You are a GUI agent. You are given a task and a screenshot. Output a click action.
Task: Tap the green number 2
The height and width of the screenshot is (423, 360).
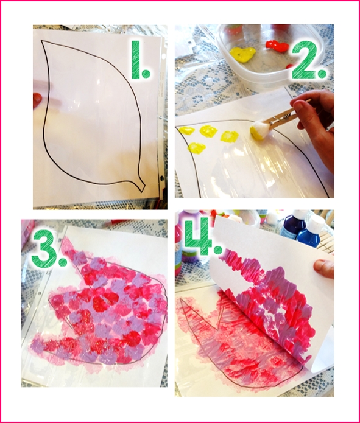click(308, 60)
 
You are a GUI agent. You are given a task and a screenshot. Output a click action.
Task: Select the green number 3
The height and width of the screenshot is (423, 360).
click(46, 249)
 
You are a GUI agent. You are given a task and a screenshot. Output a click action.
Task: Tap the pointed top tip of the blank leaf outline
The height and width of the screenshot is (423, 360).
click(41, 41)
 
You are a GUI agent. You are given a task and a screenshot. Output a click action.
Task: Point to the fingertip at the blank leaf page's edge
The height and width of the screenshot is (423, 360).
click(37, 100)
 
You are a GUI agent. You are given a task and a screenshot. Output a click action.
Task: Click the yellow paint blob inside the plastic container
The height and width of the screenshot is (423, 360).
click(242, 54)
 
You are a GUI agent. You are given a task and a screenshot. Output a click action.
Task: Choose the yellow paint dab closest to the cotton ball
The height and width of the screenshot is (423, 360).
click(229, 136)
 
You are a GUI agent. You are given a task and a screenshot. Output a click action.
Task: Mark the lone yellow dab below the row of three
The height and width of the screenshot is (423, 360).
click(197, 148)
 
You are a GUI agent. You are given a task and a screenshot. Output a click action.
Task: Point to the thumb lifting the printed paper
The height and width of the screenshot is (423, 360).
click(323, 268)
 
